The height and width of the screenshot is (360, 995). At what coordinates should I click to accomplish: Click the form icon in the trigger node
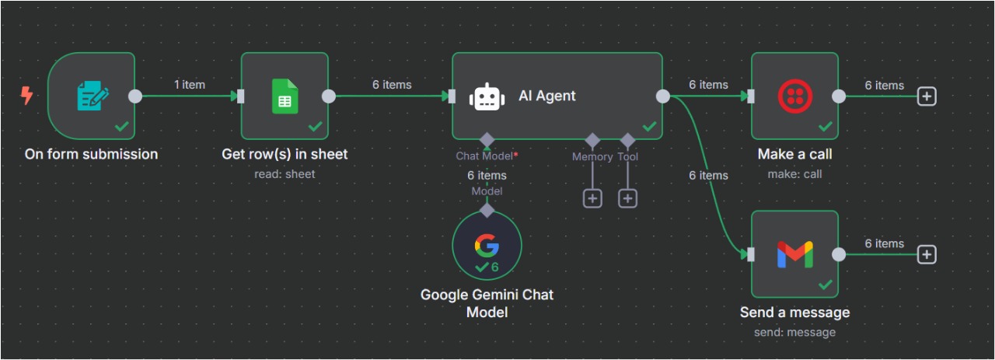(93, 96)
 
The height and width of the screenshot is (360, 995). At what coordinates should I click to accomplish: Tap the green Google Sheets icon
(285, 96)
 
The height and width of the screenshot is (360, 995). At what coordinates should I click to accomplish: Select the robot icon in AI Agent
(487, 96)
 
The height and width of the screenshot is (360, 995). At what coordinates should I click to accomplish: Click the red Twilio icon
(794, 96)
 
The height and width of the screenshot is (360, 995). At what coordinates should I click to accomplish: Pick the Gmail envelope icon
(794, 254)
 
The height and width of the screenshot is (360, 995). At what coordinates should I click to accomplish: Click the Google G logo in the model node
(487, 245)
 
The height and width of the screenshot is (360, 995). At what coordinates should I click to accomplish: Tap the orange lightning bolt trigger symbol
(27, 96)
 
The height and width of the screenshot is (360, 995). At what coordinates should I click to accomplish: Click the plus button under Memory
(592, 198)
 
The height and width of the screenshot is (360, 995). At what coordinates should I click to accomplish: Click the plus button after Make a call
(926, 96)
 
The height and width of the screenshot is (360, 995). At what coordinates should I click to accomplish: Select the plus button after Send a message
(926, 254)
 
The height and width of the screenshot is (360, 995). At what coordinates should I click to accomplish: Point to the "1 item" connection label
(189, 85)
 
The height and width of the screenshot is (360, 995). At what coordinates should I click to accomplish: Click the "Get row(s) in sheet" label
(285, 154)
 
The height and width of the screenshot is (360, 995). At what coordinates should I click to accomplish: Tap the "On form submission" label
(91, 154)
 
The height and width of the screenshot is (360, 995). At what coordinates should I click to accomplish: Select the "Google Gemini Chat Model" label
(487, 303)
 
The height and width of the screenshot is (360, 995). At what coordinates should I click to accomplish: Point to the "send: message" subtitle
(794, 332)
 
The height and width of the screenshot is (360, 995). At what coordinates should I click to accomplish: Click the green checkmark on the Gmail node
(825, 285)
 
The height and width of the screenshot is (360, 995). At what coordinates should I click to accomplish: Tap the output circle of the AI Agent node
(663, 96)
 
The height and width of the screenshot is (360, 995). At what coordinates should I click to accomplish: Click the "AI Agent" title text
(547, 96)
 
